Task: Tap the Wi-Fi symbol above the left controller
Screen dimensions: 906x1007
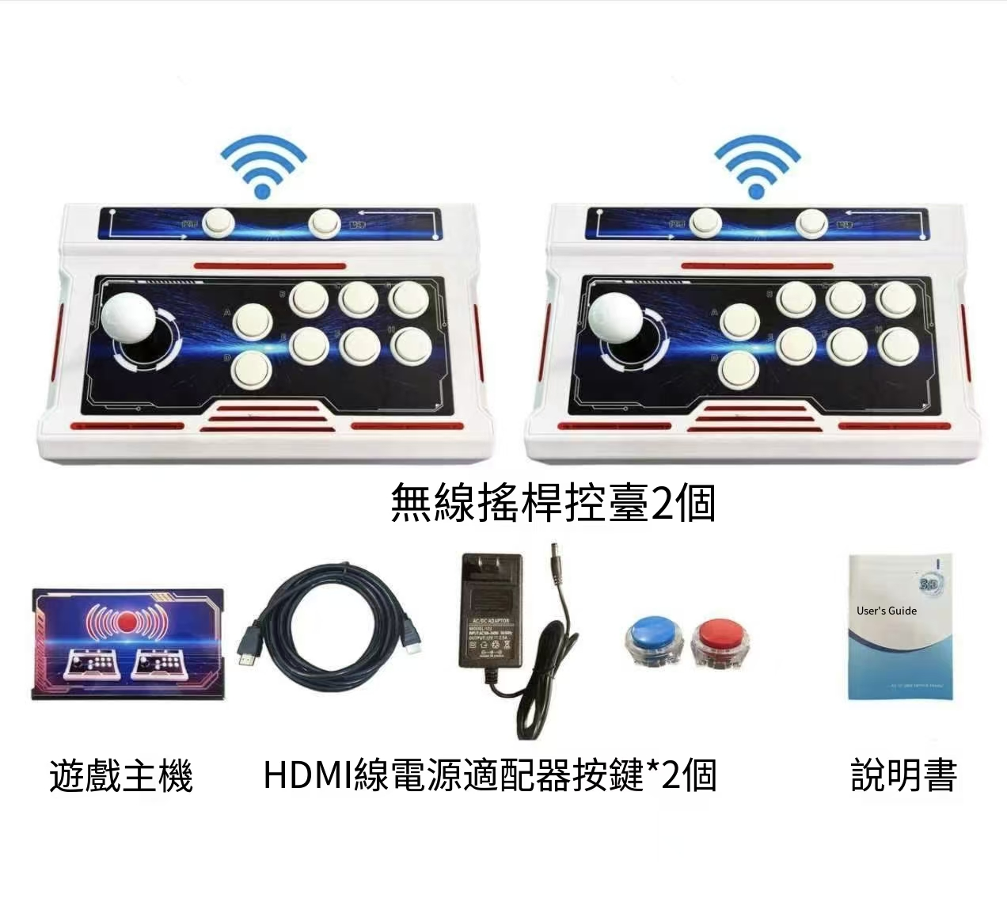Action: tap(263, 167)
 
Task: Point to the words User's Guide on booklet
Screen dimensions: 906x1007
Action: tap(886, 611)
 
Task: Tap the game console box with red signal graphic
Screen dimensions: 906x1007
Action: tap(127, 643)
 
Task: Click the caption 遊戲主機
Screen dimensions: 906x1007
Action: tap(121, 775)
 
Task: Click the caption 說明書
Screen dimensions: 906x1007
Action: tap(903, 775)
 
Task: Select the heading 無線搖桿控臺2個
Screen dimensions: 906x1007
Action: tap(553, 503)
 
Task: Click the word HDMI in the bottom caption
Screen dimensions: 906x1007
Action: tap(308, 775)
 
